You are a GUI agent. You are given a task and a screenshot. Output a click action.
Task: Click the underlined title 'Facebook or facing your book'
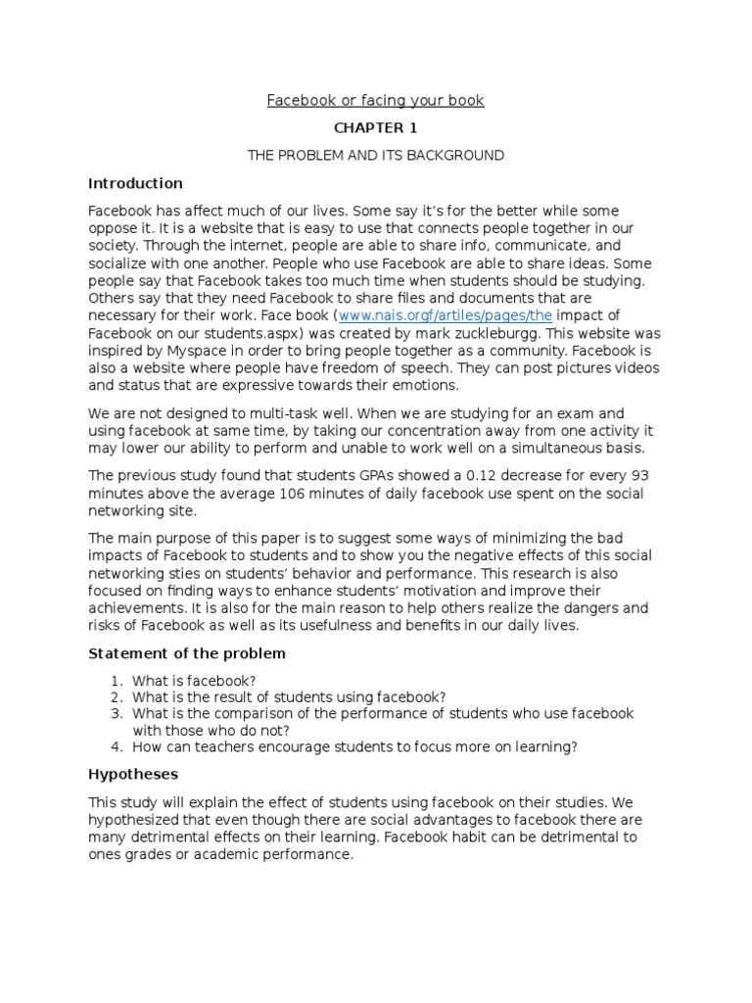tap(376, 100)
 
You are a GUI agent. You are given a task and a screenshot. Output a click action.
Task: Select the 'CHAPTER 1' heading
tap(375, 127)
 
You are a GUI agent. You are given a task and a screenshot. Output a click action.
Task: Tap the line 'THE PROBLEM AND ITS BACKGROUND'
tap(375, 155)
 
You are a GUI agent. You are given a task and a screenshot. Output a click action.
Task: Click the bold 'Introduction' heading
tap(135, 183)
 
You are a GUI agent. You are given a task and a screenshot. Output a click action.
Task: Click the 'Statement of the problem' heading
tap(187, 653)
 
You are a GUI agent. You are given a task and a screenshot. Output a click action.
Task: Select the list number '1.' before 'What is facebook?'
tap(117, 680)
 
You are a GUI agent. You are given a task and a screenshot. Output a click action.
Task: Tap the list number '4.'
tap(117, 747)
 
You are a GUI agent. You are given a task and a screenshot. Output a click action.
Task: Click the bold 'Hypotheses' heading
tap(133, 775)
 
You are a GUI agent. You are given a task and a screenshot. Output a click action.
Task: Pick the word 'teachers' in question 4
tap(224, 747)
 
